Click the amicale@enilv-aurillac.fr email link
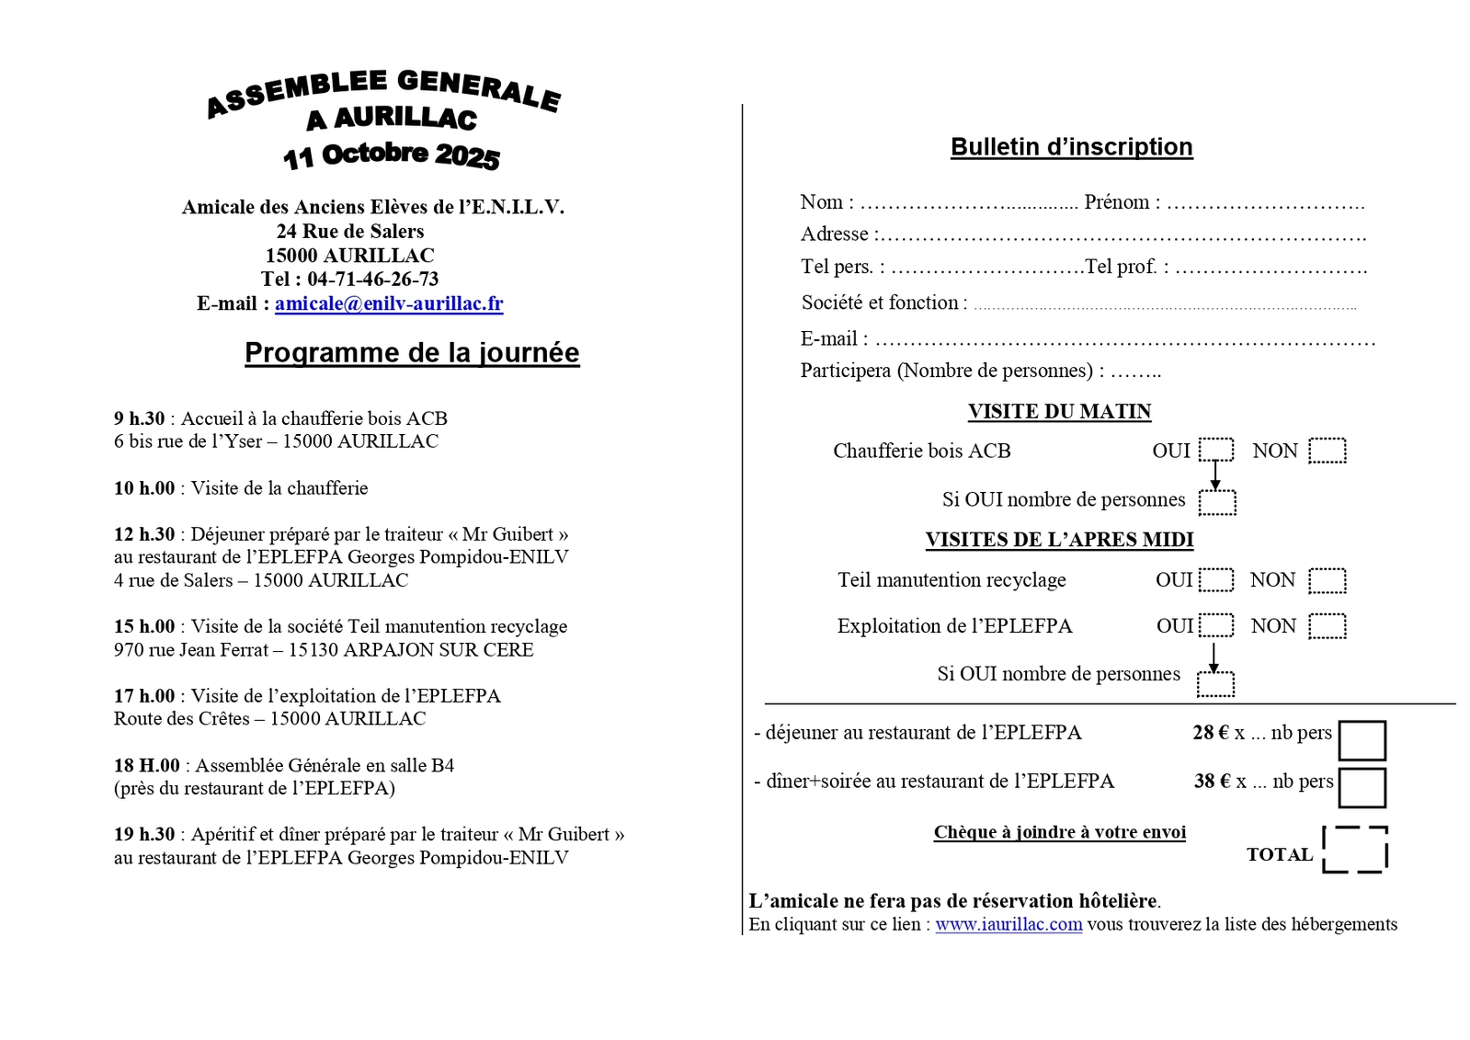[388, 303]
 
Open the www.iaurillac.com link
[1008, 924]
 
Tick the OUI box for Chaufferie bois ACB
[1215, 450]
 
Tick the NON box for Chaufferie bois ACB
[1327, 451]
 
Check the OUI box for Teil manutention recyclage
[1215, 580]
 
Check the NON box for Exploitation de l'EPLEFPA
[1327, 626]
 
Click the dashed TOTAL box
[1354, 850]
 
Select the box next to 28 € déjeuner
[1362, 740]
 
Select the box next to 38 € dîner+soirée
[1362, 787]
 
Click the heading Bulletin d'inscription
[1071, 147]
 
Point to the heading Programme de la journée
[412, 353]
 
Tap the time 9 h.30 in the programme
[140, 418]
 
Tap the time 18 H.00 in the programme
[147, 765]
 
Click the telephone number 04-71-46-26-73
[372, 279]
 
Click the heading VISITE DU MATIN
[1059, 412]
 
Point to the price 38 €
[1212, 782]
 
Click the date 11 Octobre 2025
[392, 155]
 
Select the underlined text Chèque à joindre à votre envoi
[1059, 832]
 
